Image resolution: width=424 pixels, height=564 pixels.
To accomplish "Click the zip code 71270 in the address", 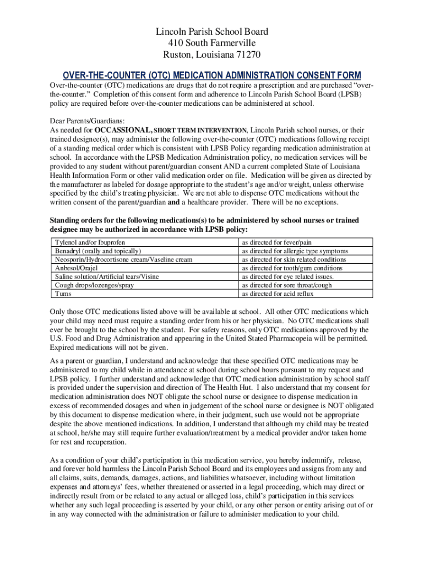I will click(x=247, y=55).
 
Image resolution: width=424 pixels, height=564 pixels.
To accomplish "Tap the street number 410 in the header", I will click(x=176, y=43).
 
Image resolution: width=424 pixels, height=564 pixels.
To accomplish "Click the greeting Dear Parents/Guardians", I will click(x=87, y=121).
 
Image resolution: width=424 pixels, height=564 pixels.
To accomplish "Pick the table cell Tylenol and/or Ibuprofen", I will click(x=90, y=242).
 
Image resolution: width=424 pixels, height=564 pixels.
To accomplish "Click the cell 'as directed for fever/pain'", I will click(x=277, y=242).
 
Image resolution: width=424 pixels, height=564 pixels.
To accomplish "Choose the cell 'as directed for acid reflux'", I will click(x=279, y=294).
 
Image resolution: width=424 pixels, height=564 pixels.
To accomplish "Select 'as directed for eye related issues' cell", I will click(x=288, y=276).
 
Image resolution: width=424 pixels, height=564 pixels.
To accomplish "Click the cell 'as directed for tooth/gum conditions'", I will click(x=292, y=268).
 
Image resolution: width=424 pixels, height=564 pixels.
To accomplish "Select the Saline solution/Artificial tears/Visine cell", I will click(x=107, y=276).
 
